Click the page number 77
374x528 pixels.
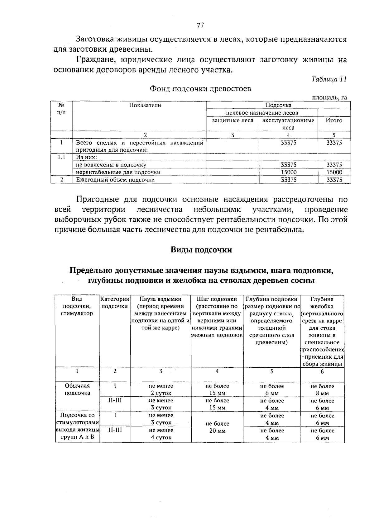tap(200, 26)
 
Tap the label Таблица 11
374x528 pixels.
tap(329, 79)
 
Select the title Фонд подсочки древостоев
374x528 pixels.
tap(200, 89)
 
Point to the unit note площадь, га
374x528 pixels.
tap(330, 98)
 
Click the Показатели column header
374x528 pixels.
tap(145, 106)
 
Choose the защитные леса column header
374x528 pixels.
tap(233, 120)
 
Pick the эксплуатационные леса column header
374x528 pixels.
tap(288, 124)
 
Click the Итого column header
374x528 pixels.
tap(334, 120)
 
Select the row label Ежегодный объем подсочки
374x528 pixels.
tap(116, 180)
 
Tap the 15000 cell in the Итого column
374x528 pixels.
tap(334, 172)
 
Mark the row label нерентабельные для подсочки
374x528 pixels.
tap(118, 172)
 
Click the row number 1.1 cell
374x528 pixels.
tap(62, 158)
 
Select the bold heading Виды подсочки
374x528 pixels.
tap(201, 250)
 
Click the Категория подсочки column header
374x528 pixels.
tap(115, 303)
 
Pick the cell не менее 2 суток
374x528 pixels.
tap(161, 389)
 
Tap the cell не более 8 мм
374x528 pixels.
tap(322, 390)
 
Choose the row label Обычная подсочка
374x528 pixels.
tap(77, 389)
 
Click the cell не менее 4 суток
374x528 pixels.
tap(161, 434)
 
